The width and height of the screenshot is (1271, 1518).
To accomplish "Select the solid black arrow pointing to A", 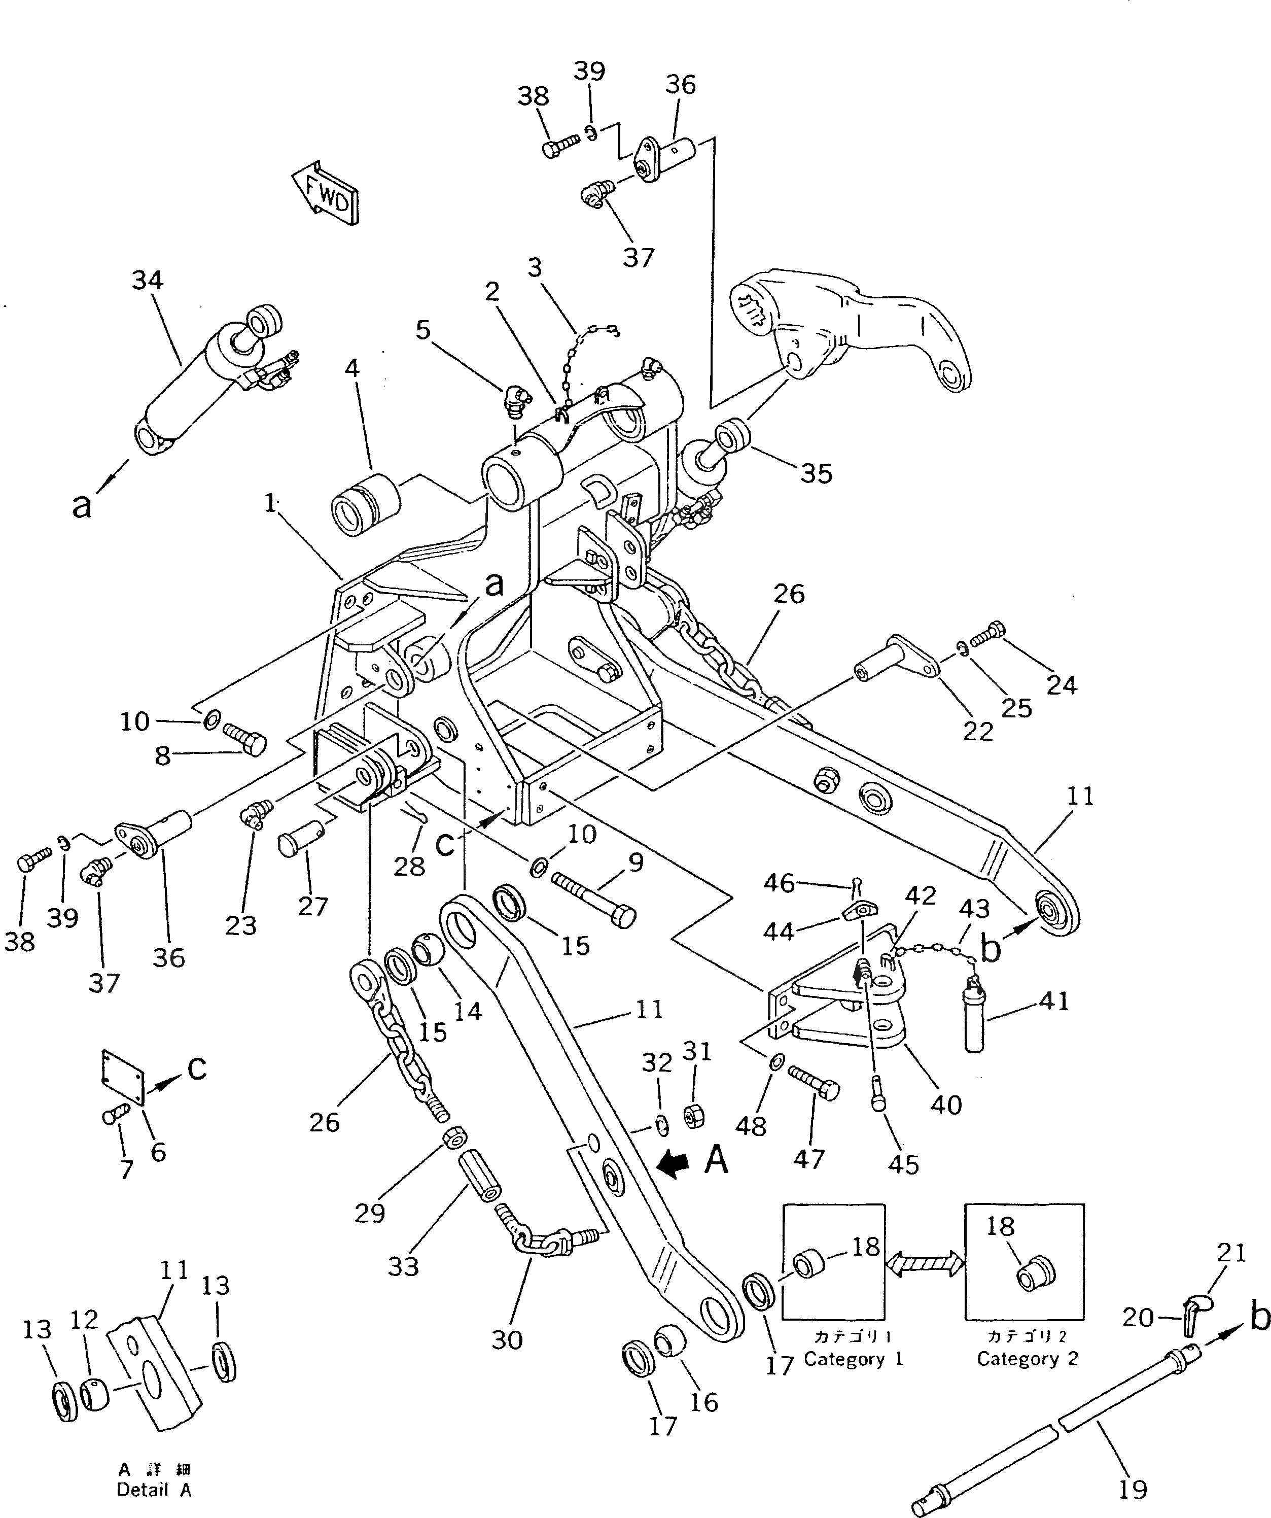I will tap(677, 1164).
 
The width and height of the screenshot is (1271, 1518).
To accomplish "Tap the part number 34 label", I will tap(148, 281).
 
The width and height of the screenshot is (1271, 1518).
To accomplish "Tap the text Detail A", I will tap(154, 1490).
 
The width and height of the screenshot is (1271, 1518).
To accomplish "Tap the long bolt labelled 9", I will tap(592, 898).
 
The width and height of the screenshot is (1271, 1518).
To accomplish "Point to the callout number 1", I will tap(269, 504).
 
